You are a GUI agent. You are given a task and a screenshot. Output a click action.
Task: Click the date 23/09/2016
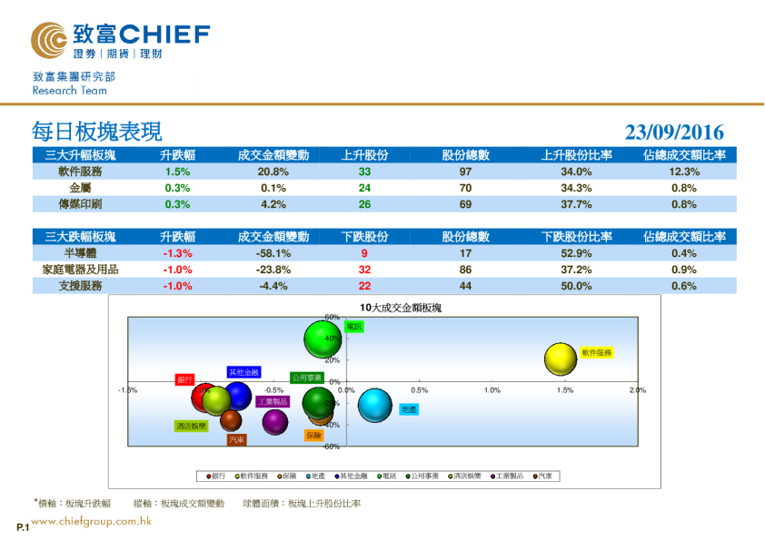click(674, 133)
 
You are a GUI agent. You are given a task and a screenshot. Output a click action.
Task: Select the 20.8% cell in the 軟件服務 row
click(273, 172)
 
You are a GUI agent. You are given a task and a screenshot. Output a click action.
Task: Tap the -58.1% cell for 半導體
click(273, 253)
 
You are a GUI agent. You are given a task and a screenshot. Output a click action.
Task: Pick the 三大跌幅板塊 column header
click(80, 237)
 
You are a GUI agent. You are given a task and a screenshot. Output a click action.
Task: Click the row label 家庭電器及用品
click(80, 270)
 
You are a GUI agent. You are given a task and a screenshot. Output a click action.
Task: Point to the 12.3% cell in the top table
click(683, 172)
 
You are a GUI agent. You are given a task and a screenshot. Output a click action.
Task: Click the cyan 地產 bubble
click(374, 406)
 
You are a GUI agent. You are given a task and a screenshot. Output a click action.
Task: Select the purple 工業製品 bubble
click(275, 420)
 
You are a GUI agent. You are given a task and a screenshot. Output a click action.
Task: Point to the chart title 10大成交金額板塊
click(401, 308)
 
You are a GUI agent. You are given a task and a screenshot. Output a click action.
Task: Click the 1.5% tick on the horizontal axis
click(565, 390)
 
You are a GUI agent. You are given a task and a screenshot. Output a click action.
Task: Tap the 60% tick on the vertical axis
click(332, 317)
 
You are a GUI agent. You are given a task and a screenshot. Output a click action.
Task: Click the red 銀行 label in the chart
click(184, 378)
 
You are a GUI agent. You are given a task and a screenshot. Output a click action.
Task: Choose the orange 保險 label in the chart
click(314, 436)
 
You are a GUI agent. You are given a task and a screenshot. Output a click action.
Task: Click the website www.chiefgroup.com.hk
click(91, 521)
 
